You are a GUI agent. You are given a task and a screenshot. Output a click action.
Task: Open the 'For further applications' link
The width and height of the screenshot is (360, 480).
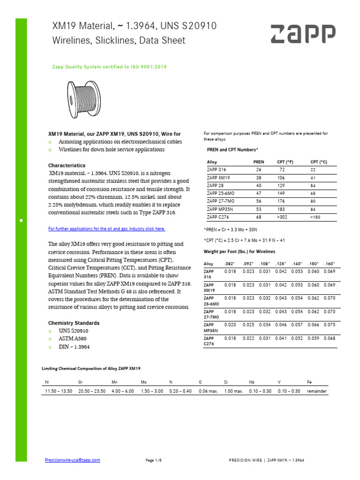[x=107, y=229]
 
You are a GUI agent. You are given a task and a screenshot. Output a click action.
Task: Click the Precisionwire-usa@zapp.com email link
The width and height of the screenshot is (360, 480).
[x=72, y=460]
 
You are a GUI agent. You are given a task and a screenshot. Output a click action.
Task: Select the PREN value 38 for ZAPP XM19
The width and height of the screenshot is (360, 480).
[x=258, y=178]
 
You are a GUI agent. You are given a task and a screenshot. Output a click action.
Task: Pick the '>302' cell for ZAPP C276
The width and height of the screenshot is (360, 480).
[x=282, y=217]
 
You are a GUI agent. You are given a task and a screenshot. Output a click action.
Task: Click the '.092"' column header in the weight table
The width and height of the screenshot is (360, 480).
[x=247, y=264]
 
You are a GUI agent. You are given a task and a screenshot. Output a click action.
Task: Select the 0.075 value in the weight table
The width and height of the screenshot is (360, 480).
[x=330, y=324]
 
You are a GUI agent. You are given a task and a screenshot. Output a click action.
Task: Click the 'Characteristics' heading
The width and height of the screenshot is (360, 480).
[x=67, y=165]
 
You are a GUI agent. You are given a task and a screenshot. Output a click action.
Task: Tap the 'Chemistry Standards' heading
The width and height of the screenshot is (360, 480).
[x=74, y=323]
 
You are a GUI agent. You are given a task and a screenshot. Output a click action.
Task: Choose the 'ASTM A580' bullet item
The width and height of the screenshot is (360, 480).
[x=73, y=339]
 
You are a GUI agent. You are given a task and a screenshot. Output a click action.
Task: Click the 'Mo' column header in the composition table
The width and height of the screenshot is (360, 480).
[x=144, y=382]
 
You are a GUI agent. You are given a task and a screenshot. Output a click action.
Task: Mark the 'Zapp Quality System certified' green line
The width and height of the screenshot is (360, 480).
[x=109, y=67]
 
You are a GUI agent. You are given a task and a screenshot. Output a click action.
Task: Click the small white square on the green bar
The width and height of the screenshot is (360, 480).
[x=21, y=219]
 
